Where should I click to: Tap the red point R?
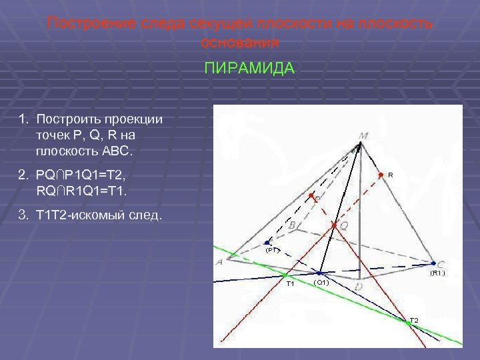pos(381,175)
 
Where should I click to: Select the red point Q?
pos(333,226)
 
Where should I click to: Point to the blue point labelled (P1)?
pos(267,243)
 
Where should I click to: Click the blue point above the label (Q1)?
pos(320,273)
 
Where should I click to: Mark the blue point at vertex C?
pos(432,263)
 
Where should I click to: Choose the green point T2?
pos(408,323)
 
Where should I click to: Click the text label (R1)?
pos(437,273)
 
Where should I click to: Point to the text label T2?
pos(414,321)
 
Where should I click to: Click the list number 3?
pos(22,215)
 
